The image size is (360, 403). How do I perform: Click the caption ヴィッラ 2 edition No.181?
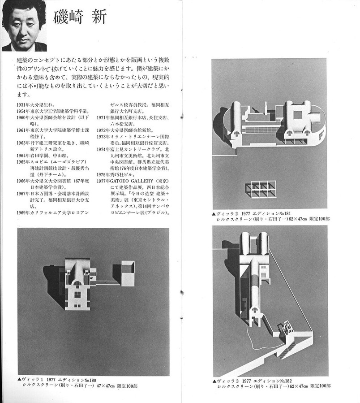[251, 215]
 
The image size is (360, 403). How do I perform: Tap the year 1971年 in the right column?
[103, 117]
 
